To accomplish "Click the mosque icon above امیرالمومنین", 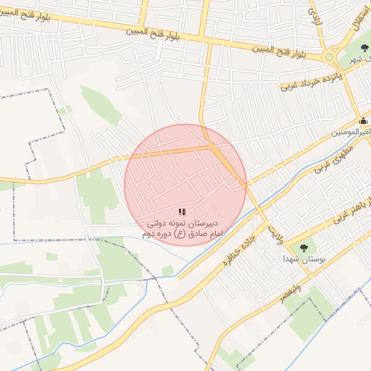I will coord(363,121).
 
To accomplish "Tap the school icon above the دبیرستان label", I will coord(181,212).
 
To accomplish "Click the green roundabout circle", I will coord(330,57).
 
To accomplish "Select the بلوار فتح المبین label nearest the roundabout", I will coord(280,51).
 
